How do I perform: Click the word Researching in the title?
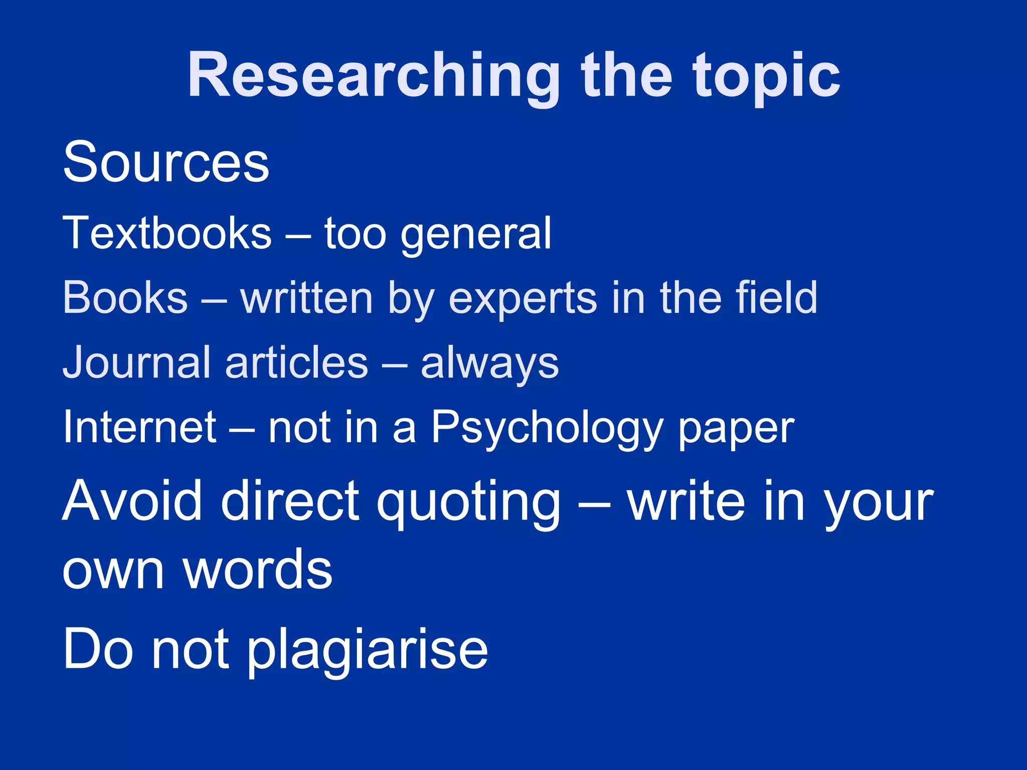(x=374, y=76)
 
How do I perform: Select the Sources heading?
(x=166, y=162)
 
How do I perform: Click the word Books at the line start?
(x=125, y=297)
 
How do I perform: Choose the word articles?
(x=296, y=362)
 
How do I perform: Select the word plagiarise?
(x=368, y=650)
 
